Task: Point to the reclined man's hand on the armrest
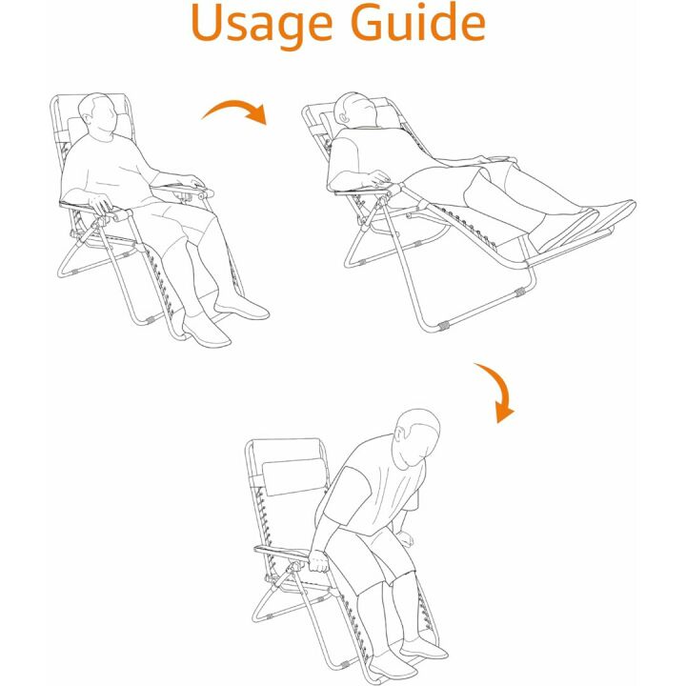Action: [380, 179]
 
